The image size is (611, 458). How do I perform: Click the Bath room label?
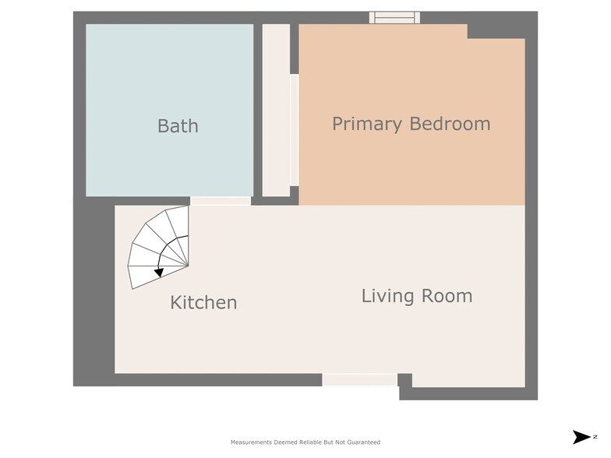[178, 126]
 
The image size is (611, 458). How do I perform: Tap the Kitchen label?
[204, 302]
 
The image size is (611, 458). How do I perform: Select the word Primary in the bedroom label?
[366, 125]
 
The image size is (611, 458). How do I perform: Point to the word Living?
[388, 296]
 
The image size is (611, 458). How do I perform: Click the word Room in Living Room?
[447, 296]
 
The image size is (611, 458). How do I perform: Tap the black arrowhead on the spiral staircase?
[159, 273]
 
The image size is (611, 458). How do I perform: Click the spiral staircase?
[159, 248]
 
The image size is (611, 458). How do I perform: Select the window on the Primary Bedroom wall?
[394, 17]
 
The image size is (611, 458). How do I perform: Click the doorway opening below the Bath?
[221, 201]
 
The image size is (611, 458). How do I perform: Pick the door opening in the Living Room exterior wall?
[360, 380]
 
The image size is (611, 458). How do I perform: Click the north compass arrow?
[581, 437]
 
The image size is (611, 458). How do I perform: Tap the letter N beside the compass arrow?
[595, 437]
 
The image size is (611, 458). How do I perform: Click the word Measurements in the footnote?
[251, 442]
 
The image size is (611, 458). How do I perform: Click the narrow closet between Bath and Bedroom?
[276, 111]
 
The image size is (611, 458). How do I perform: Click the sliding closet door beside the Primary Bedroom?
[295, 129]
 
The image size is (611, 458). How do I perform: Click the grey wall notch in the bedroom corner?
[496, 31]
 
